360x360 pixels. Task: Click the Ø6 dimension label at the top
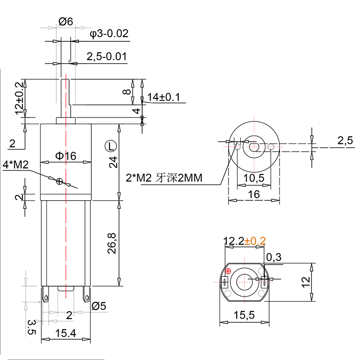tap(66, 21)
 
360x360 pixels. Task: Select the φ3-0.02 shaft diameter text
tap(109, 34)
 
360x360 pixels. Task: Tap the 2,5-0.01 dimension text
tap(106, 56)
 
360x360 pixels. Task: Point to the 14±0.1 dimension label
tap(163, 97)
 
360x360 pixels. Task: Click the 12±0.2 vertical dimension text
tap(19, 99)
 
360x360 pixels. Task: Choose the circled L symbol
tap(110, 146)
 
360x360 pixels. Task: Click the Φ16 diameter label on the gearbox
tap(66, 156)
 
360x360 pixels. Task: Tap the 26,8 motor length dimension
tap(112, 243)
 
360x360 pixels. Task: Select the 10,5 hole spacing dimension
tap(254, 178)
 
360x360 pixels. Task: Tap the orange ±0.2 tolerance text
tap(255, 241)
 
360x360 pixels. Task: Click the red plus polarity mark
tap(228, 271)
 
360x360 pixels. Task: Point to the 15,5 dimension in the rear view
tap(245, 316)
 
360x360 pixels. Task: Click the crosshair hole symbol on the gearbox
tap(59, 181)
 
